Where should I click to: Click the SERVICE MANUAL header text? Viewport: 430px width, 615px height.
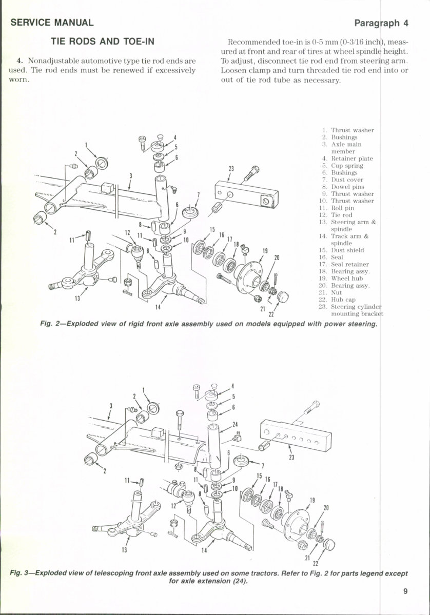51,23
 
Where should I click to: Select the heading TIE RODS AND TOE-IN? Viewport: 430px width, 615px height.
102,42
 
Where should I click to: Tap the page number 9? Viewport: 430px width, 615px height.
405,591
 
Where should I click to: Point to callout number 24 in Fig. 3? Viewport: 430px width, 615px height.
235,424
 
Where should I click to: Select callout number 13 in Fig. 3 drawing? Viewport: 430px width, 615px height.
124,550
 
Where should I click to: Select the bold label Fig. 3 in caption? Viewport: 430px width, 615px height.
20,572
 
